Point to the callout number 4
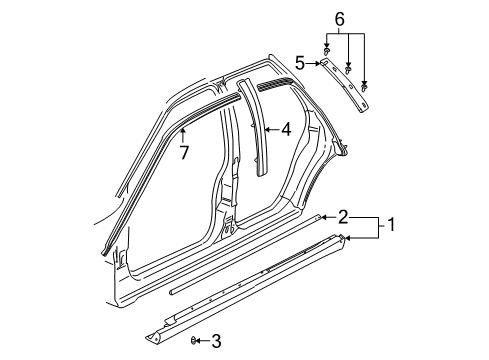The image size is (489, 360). coord(285,128)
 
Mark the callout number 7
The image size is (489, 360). coord(184,152)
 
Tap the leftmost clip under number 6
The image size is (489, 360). coord(327,48)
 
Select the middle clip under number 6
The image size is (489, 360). coord(348,68)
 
